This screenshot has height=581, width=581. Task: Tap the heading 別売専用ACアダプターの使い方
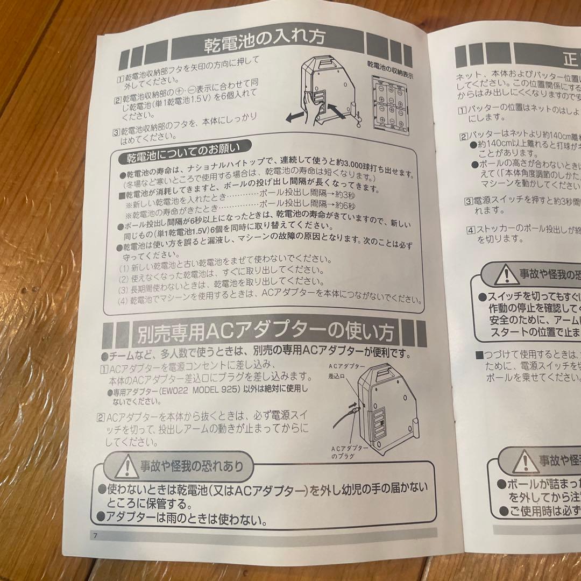pyautogui.click(x=265, y=335)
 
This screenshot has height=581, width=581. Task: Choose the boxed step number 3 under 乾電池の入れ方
pyautogui.click(x=116, y=132)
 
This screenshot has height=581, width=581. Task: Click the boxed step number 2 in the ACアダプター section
pyautogui.click(x=101, y=416)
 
